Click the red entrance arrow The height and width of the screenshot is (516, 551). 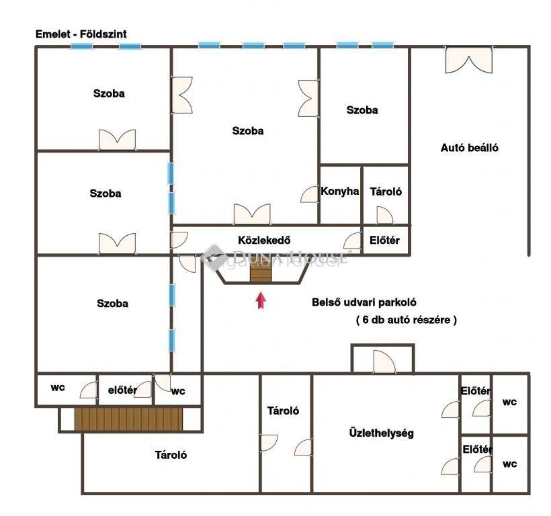point(261,301)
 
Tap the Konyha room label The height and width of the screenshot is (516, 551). point(340,191)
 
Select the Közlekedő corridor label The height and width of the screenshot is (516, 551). point(264,241)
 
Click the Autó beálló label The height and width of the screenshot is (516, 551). point(470,148)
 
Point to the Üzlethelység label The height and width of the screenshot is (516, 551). point(381,433)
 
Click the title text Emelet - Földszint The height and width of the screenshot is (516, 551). point(81,34)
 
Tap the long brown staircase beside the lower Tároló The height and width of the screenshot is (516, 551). point(128,419)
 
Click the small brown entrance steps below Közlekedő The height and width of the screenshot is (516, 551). point(261,272)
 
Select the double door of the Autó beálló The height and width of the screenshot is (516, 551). point(469,60)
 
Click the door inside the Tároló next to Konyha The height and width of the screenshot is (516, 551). point(385,215)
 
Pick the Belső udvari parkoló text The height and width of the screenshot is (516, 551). point(364,302)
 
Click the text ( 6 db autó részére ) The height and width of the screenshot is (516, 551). point(407,320)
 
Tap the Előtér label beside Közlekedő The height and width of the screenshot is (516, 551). point(384,241)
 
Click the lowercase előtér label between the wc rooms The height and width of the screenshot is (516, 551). point(122,390)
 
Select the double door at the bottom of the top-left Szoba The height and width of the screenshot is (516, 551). point(118,140)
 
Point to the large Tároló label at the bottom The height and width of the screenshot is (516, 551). point(171,455)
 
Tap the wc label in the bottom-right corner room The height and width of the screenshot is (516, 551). point(509,464)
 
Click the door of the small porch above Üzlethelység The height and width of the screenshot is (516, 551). point(384,361)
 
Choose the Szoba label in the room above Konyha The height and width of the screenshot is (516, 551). point(362,110)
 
